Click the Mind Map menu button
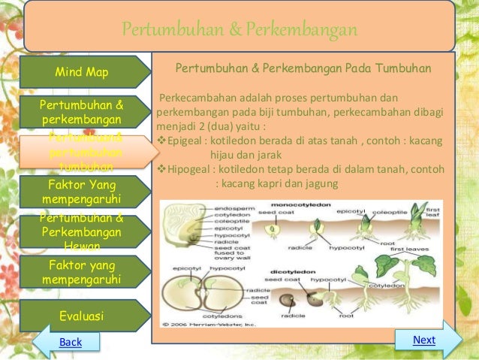coord(82,72)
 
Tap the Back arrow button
coord(70,342)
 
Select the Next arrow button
coord(424,340)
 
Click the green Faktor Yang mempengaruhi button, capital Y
coord(82,191)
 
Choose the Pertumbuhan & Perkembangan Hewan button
coord(82,231)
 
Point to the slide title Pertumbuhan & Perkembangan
coord(239,30)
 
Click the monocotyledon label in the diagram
coord(296,204)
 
